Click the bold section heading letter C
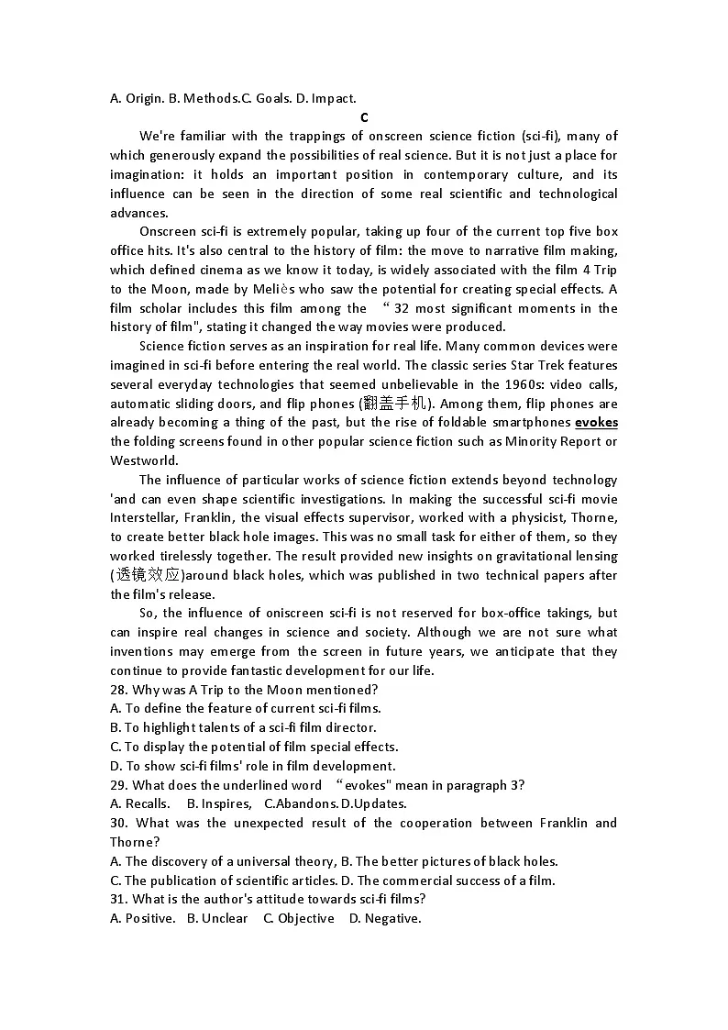(364, 117)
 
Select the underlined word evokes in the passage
(596, 423)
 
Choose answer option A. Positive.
(142, 919)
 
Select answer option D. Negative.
(385, 919)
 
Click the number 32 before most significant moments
(401, 308)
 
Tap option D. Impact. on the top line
(326, 98)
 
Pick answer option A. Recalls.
(139, 804)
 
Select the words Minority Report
(546, 442)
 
